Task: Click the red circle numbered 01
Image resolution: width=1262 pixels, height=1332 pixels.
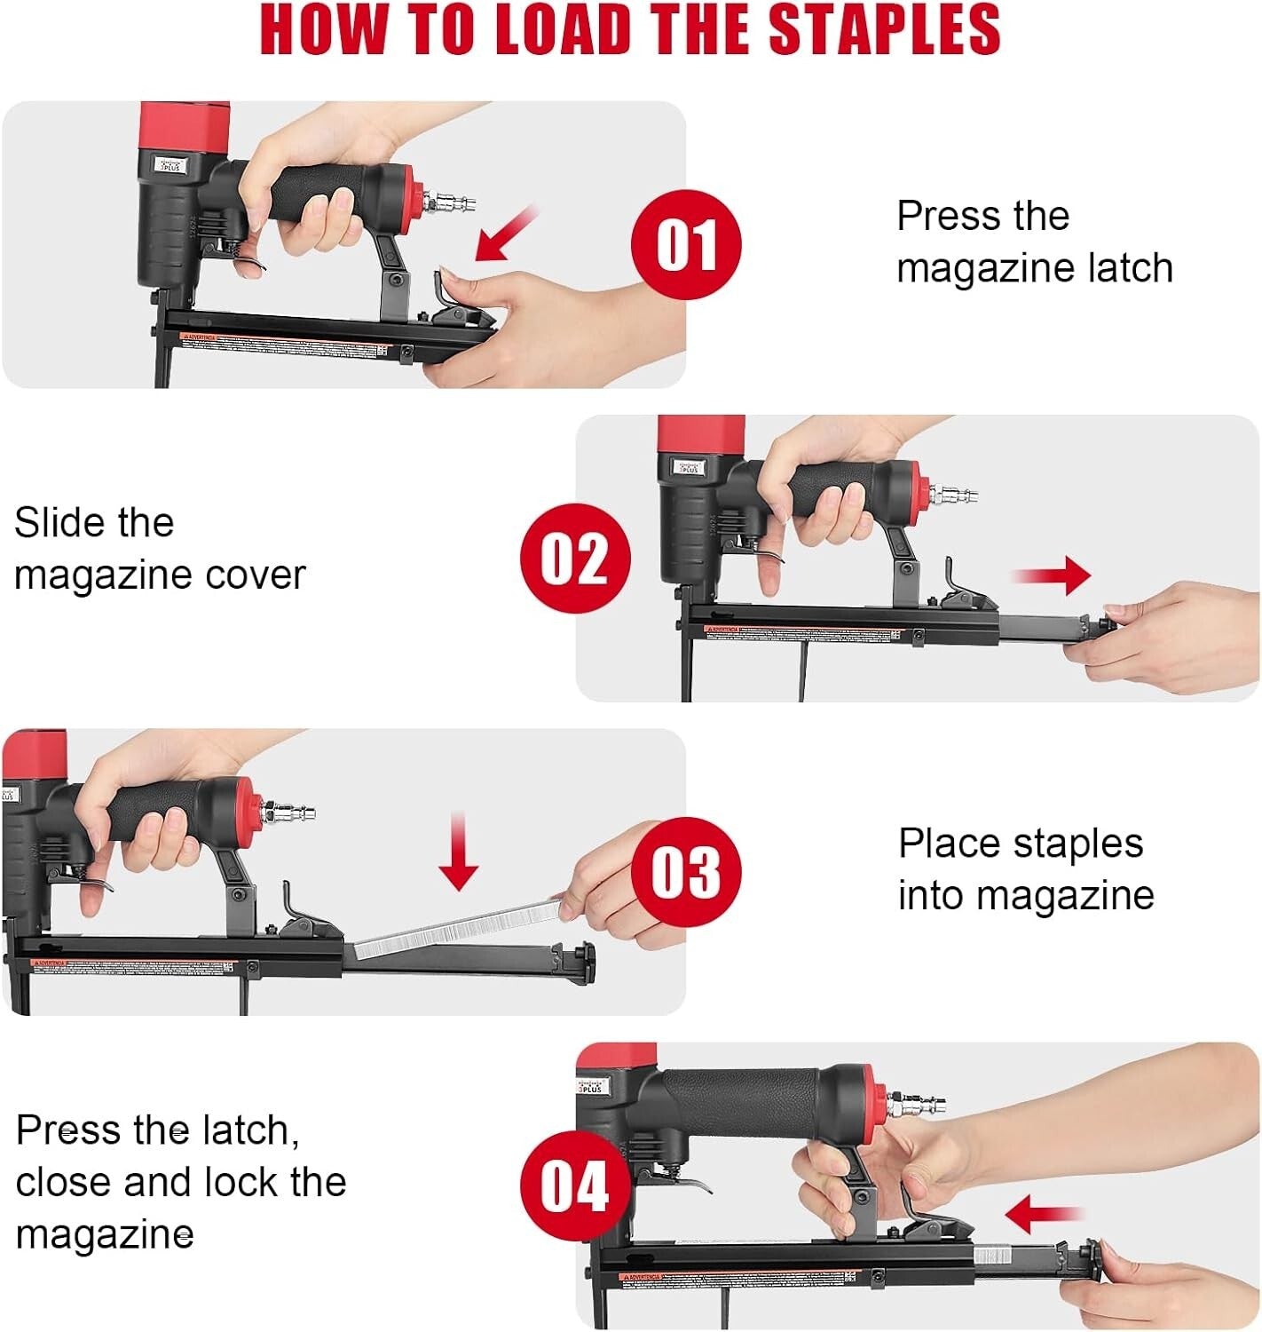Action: coord(685,244)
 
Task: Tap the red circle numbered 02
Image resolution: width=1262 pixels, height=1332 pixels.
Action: coord(575,559)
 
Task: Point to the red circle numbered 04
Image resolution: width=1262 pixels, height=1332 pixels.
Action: coord(575,1185)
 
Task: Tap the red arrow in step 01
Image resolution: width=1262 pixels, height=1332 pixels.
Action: coord(506,234)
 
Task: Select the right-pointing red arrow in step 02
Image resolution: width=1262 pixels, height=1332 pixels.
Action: coord(1053,575)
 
